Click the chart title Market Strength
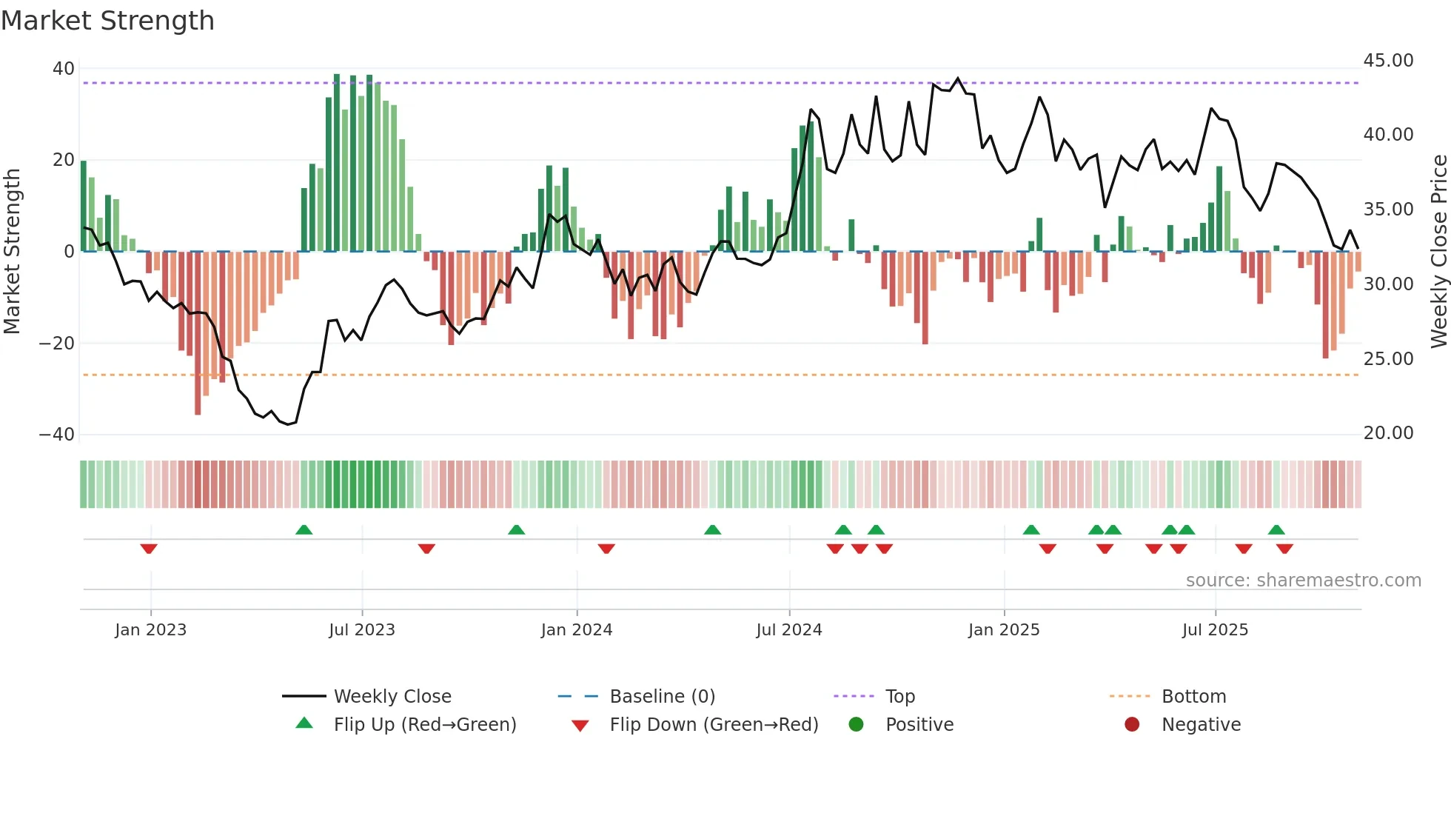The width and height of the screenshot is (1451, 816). (107, 21)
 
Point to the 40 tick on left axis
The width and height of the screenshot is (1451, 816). (64, 69)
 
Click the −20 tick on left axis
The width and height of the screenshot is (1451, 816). (57, 344)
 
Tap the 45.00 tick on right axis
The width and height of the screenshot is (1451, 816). (1388, 61)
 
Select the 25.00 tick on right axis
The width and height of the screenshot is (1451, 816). (1388, 359)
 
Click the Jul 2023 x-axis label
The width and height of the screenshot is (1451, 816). (362, 630)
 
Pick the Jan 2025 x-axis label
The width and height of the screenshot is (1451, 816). (1004, 630)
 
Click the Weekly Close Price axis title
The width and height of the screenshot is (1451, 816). (1438, 251)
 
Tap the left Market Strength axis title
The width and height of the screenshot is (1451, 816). (13, 251)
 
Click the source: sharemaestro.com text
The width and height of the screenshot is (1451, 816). (1303, 581)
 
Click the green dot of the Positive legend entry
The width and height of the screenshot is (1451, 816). (857, 725)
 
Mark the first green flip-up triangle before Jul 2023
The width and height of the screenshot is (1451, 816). (304, 529)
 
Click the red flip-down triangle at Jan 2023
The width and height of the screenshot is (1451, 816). (149, 549)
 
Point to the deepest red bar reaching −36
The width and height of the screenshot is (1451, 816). (198, 333)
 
